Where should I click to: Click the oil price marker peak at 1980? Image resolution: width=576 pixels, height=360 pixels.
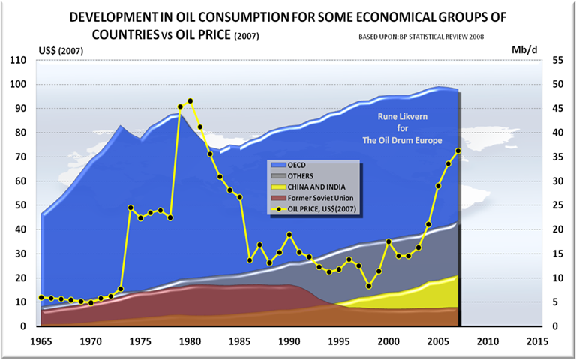[190, 101]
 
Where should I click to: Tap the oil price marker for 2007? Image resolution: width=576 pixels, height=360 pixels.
[457, 151]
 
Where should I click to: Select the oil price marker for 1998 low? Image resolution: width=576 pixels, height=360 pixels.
[369, 286]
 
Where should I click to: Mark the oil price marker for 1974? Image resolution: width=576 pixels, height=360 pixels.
[130, 208]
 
